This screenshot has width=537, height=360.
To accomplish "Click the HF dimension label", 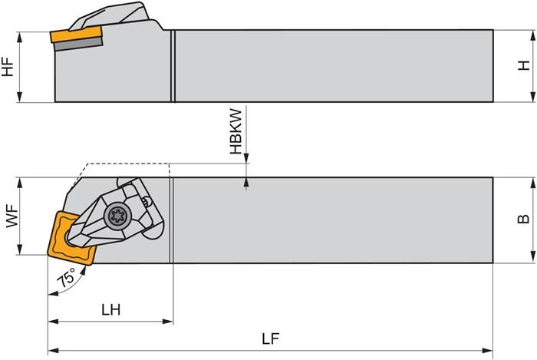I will pyautogui.click(x=8, y=66).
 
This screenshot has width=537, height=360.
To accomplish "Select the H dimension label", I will pyautogui.click(x=524, y=66).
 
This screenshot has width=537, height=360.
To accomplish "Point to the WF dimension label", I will pyautogui.click(x=11, y=215).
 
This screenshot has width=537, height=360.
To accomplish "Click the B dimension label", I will pyautogui.click(x=524, y=219).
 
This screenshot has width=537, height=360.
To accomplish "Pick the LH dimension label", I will pyautogui.click(x=110, y=310).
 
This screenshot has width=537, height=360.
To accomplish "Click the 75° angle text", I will pyautogui.click(x=67, y=278).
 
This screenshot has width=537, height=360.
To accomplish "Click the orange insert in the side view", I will pyautogui.click(x=76, y=35).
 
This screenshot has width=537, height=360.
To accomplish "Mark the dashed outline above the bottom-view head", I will pyautogui.click(x=127, y=163).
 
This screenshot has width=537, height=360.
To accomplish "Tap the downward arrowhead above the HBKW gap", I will pyautogui.click(x=247, y=159).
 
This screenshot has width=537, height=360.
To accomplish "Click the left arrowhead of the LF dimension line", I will pyautogui.click(x=52, y=350).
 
